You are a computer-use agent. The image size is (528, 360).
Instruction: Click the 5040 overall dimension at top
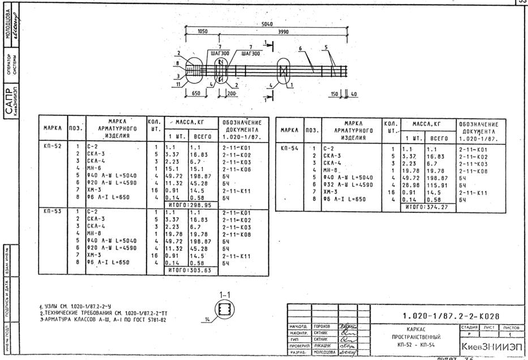267,25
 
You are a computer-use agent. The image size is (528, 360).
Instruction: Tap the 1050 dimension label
202,32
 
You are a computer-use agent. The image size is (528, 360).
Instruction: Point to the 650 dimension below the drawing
196,93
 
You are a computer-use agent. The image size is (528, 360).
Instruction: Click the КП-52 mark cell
52,146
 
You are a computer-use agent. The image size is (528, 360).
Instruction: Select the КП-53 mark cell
52,211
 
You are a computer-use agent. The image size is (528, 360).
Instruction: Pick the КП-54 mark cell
289,148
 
